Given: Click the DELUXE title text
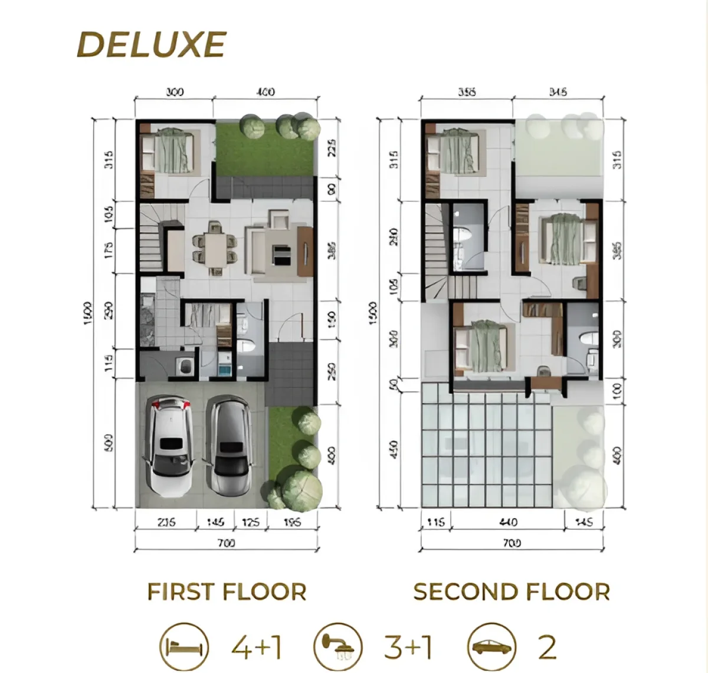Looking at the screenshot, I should click(152, 45).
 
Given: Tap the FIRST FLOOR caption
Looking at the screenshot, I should click(227, 592).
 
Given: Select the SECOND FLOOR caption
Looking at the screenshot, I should click(512, 592).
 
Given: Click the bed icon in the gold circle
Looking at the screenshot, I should click(184, 647).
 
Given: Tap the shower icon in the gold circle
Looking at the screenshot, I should click(338, 647).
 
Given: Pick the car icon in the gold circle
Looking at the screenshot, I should click(492, 647).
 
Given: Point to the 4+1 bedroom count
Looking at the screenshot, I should click(256, 647).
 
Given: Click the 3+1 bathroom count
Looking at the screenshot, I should click(408, 647).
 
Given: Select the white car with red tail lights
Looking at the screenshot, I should click(169, 444).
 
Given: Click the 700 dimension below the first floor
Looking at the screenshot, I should click(226, 543).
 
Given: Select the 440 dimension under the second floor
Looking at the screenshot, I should click(508, 522).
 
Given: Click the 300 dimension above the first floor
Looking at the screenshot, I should click(175, 92).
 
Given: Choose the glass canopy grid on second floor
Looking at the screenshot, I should click(487, 445).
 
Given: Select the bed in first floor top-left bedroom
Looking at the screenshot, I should click(171, 150).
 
